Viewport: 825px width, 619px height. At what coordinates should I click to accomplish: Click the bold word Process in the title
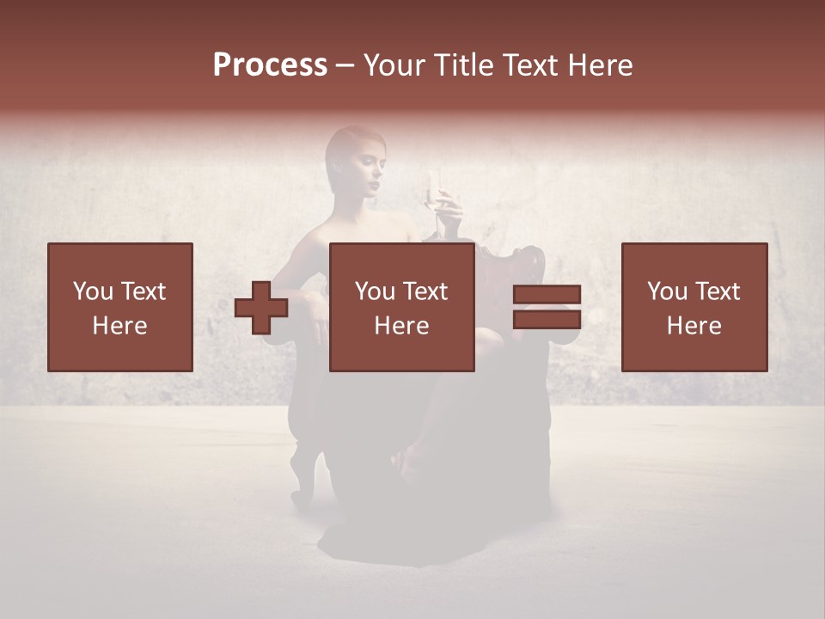pos(270,65)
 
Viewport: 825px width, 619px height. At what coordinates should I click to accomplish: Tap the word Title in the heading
pos(460,65)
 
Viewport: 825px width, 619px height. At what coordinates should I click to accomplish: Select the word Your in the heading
pos(392,65)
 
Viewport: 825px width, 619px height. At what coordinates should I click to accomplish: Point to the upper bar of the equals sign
pos(547,295)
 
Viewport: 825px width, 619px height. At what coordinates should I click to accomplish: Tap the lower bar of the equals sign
pos(547,319)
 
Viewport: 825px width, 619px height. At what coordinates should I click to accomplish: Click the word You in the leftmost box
pos(92,291)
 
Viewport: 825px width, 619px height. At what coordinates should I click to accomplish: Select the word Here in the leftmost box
pos(119,326)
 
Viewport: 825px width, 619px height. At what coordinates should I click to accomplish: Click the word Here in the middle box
pos(401,326)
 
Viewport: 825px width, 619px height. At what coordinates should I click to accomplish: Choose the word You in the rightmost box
pos(666,291)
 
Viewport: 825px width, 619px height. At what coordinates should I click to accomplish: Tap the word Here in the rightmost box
pos(694,326)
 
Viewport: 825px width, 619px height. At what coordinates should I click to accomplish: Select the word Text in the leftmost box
pos(143,291)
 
